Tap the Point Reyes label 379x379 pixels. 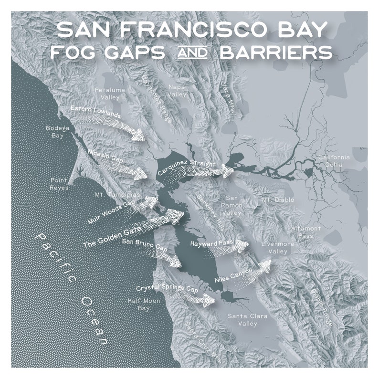pyautogui.click(x=60, y=184)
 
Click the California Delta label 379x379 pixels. pyautogui.click(x=334, y=161)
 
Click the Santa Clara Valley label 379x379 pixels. pyautogui.click(x=247, y=319)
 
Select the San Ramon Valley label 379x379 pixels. pyautogui.click(x=232, y=205)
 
